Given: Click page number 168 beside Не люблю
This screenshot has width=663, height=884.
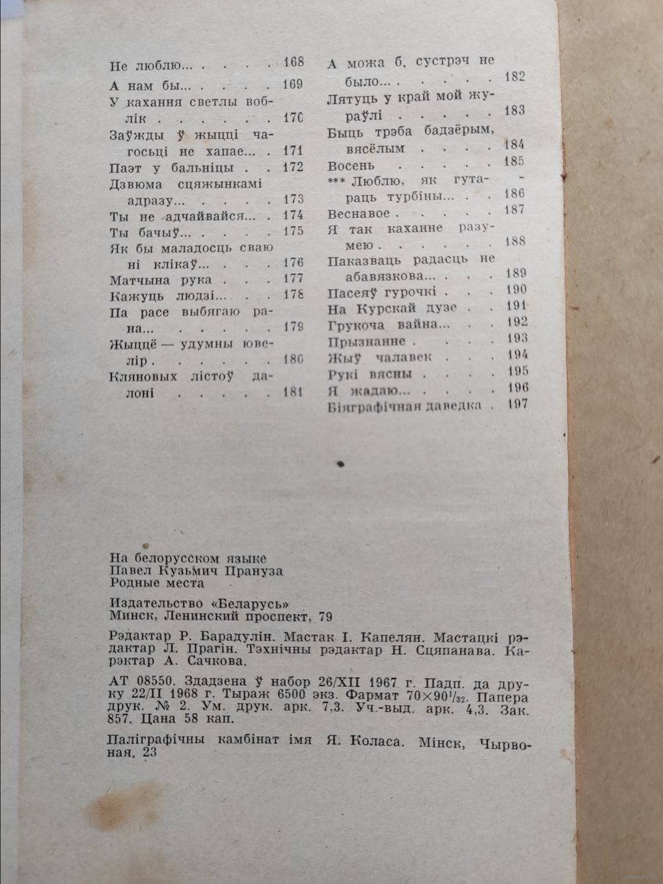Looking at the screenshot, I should coord(292,63).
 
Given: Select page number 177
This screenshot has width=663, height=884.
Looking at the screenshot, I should coord(292,279).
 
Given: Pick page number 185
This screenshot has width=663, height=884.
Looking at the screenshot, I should coord(514,161).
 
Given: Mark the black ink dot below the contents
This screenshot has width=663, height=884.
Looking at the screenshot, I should coord(341,464).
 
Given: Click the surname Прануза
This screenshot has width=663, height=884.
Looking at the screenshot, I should coord(253,570).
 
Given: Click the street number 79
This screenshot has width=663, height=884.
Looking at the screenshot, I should coord(324,617).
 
